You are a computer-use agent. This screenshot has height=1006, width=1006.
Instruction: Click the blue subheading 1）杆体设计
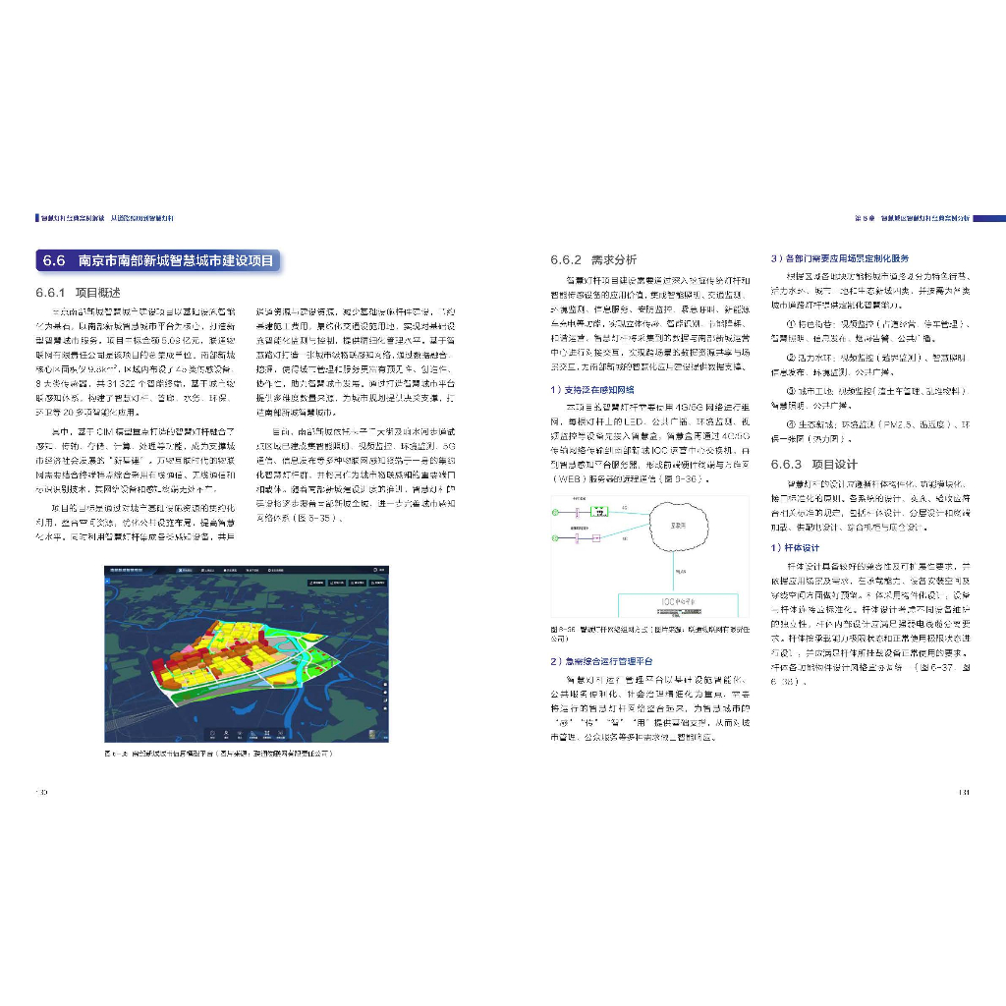click(801, 547)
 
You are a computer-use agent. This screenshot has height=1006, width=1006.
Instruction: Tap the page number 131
click(964, 791)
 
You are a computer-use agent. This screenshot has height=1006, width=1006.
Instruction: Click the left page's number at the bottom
click(41, 791)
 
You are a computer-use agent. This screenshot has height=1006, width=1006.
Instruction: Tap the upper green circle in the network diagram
click(556, 513)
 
